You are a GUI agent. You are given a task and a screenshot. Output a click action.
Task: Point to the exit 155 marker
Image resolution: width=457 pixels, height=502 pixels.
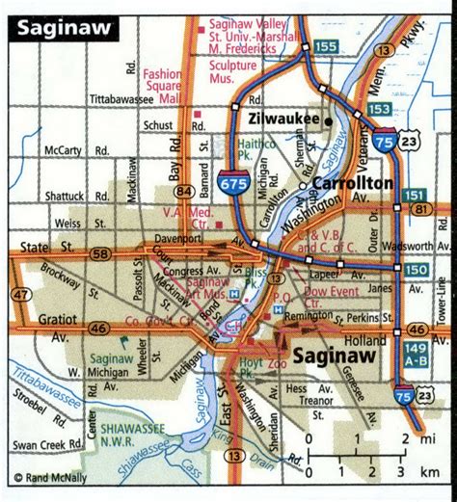[328, 44]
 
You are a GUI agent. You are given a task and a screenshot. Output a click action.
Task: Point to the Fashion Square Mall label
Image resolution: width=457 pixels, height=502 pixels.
[165, 84]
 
